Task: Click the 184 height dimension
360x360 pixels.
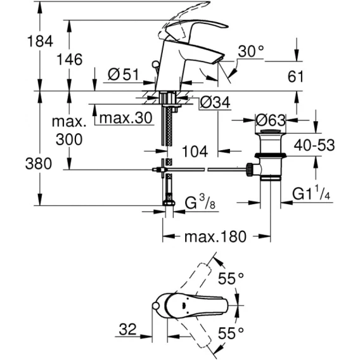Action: click(x=40, y=41)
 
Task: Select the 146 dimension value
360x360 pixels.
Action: click(x=69, y=60)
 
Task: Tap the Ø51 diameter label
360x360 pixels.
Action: click(x=124, y=74)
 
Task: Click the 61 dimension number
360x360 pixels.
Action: click(x=296, y=77)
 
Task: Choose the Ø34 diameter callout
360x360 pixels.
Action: click(x=215, y=103)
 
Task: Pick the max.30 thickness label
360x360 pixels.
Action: click(x=126, y=118)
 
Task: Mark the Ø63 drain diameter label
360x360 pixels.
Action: click(x=271, y=120)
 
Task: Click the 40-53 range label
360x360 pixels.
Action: click(x=314, y=145)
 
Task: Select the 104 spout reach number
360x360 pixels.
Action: click(x=195, y=151)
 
